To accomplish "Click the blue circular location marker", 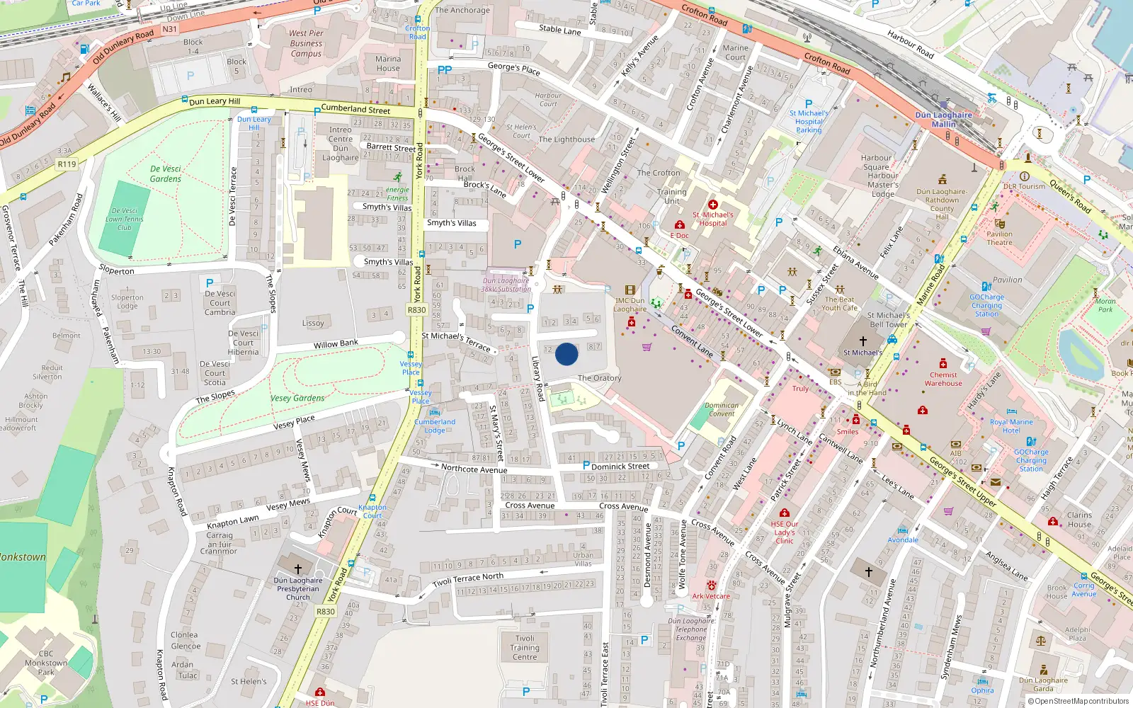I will (566, 354).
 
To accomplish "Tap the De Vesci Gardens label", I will (166, 174).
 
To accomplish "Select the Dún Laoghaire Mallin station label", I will (943, 120).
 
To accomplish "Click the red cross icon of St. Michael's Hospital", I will (713, 205).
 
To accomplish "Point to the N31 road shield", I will (169, 29).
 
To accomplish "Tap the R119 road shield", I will (67, 164).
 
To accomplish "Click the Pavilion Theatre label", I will (999, 238).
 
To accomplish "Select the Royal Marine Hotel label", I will (1011, 426).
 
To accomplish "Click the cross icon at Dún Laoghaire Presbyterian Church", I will (298, 569).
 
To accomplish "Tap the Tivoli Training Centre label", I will (525, 648).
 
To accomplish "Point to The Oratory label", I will (599, 378).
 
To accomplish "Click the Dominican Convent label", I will (722, 409).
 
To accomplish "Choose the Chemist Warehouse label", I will (943, 379).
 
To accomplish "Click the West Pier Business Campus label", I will (306, 43).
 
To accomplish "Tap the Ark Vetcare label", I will (711, 596).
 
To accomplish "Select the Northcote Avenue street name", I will (474, 469).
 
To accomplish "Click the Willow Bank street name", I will (336, 344).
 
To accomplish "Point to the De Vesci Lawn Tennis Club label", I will (125, 219).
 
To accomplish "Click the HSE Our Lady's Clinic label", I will (784, 532).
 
